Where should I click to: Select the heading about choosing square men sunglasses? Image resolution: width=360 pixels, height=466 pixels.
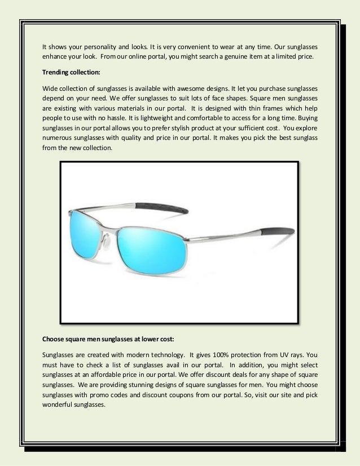click(108, 340)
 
